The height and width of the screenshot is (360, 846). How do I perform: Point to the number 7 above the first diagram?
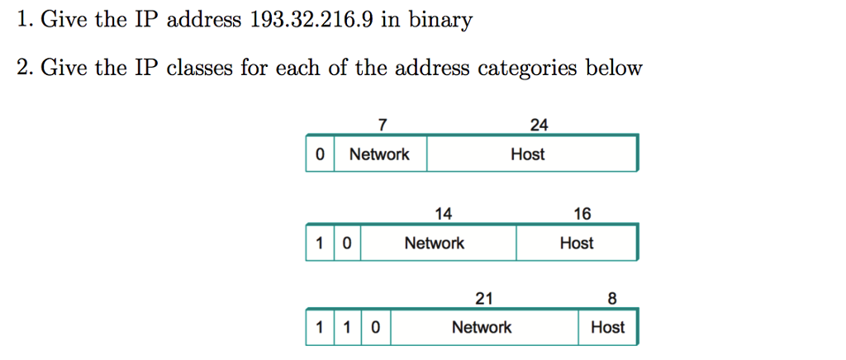click(x=381, y=126)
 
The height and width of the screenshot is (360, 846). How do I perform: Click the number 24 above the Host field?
click(x=539, y=126)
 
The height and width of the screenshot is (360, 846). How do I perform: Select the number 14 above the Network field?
click(x=444, y=215)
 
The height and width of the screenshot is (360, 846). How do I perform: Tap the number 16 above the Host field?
click(x=582, y=215)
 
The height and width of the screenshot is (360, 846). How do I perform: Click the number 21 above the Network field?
click(x=483, y=299)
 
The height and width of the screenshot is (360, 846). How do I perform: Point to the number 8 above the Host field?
click(x=611, y=299)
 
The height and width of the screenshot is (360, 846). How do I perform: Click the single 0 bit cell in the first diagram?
click(x=320, y=154)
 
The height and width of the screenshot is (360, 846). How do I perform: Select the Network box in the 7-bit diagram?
click(x=380, y=154)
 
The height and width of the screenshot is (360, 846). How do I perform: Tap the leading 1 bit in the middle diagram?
click(x=320, y=244)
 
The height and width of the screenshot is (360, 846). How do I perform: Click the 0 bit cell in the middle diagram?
click(x=347, y=244)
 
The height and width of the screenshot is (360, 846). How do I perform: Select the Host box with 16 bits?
click(x=577, y=244)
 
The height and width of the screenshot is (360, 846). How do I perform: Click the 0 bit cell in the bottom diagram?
click(x=375, y=328)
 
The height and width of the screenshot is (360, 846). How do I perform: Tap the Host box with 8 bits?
click(x=608, y=328)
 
